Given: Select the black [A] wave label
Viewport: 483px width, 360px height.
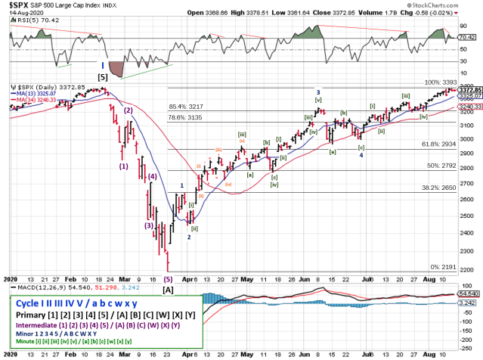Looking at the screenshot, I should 169,289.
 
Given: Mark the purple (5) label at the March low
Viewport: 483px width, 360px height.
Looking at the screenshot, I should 168,278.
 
